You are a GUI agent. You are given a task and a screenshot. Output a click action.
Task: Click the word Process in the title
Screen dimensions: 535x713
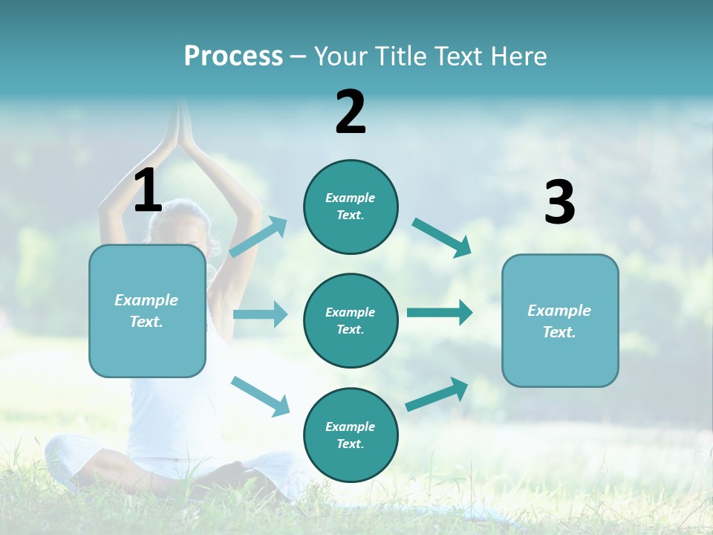pyautogui.click(x=233, y=56)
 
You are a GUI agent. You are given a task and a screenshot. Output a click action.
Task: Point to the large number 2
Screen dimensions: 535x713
pyautogui.click(x=351, y=112)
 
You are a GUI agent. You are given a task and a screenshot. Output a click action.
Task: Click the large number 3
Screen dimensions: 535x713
pyautogui.click(x=559, y=203)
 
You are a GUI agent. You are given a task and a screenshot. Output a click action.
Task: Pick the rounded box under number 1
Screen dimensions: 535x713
pyautogui.click(x=147, y=311)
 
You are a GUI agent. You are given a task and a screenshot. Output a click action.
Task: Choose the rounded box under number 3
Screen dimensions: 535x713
pyautogui.click(x=560, y=320)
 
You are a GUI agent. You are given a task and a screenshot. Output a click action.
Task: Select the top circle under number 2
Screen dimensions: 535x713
pyautogui.click(x=351, y=207)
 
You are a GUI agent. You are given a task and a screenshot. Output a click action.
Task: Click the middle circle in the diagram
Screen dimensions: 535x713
pyautogui.click(x=351, y=320)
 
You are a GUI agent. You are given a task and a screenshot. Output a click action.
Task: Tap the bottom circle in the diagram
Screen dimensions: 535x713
pyautogui.click(x=351, y=435)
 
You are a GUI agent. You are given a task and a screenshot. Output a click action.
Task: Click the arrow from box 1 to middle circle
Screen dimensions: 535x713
pyautogui.click(x=260, y=314)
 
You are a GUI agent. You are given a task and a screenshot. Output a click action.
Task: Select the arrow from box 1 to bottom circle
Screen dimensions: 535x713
pyautogui.click(x=261, y=395)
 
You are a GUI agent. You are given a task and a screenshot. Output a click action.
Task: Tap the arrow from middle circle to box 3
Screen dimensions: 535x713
pyautogui.click(x=440, y=312)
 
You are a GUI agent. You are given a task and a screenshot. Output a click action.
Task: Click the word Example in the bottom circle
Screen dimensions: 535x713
pyautogui.click(x=350, y=427)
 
